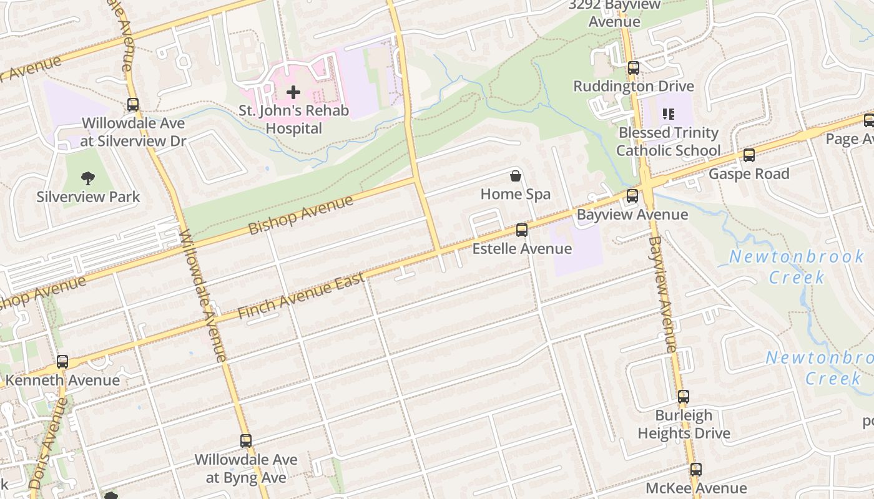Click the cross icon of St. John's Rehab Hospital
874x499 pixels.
pyautogui.click(x=293, y=93)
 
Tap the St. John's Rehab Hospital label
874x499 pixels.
pyautogui.click(x=293, y=120)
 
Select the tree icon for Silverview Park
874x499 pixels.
pyautogui.click(x=88, y=178)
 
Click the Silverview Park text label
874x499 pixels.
pyautogui.click(x=88, y=197)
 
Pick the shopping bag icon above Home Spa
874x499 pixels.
pyautogui.click(x=516, y=176)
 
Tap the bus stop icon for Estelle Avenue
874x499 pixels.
pyautogui.click(x=522, y=230)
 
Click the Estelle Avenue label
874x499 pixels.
pyautogui.click(x=522, y=249)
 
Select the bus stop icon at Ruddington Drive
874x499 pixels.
pyautogui.click(x=634, y=68)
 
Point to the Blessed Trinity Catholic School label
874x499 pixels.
pyautogui.click(x=668, y=142)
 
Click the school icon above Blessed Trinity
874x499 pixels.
pyautogui.click(x=669, y=114)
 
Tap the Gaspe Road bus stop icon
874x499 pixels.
pyautogui.click(x=749, y=155)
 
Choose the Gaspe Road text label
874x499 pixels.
pyautogui.click(x=749, y=174)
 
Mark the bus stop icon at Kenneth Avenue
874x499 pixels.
pyautogui.click(x=62, y=362)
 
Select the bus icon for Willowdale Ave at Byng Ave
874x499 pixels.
pyautogui.click(x=246, y=441)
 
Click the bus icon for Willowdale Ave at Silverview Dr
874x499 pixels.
pyautogui.click(x=133, y=105)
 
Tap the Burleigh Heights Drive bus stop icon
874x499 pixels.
pyautogui.click(x=684, y=397)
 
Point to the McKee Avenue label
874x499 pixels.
pyautogui.click(x=695, y=488)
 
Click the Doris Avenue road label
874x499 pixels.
pyautogui.click(x=49, y=443)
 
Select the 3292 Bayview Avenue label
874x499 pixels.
pyautogui.click(x=614, y=13)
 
